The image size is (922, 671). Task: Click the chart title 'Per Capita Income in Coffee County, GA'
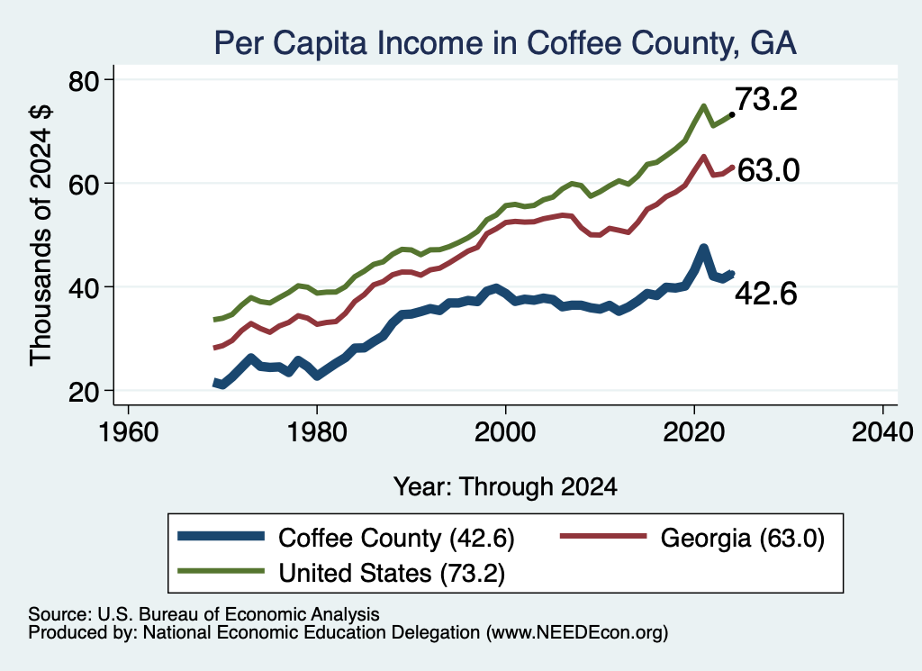point(505,43)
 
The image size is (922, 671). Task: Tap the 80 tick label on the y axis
point(84,81)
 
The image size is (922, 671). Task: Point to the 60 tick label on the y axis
point(84,185)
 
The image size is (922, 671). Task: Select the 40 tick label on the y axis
point(84,288)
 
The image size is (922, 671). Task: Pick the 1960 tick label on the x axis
point(128,432)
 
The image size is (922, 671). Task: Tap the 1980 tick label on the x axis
point(317,432)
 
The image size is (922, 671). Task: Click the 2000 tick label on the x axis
point(505,432)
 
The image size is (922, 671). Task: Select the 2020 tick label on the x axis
point(694,432)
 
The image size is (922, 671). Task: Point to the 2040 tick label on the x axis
point(882,432)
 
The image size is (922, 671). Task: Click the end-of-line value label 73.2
point(766,99)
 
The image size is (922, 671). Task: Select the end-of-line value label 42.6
point(766,293)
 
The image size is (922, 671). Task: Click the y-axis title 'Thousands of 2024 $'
point(41,235)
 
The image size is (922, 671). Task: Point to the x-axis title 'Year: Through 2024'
point(505,487)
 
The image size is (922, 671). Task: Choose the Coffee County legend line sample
point(221,536)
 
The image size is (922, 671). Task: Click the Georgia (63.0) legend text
point(742,538)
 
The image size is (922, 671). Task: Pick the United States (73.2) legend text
point(392,573)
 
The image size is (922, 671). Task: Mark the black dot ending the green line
point(731,114)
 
